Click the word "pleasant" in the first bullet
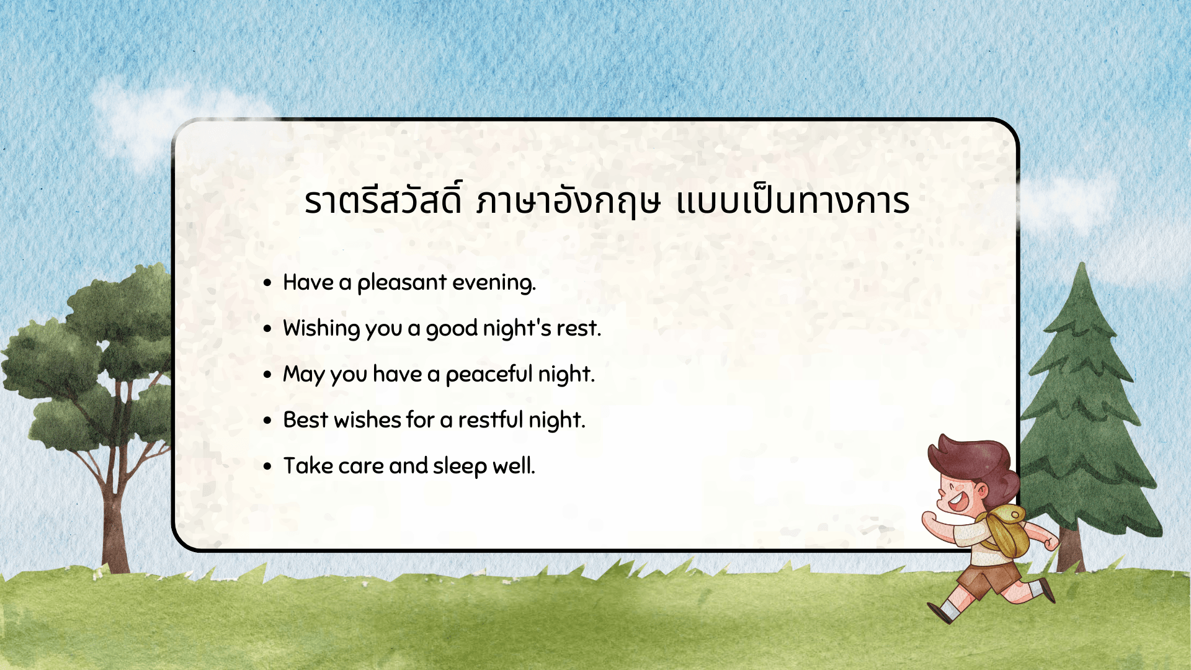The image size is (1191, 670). [x=401, y=283]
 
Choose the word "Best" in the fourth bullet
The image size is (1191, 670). [x=305, y=420]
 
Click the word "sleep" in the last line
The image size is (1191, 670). [x=460, y=467]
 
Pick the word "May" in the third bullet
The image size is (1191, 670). [x=303, y=375]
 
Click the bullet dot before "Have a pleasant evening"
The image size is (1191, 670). [x=267, y=284]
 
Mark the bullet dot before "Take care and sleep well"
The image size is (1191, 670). [x=267, y=467]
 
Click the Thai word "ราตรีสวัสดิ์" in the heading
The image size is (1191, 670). [x=383, y=202]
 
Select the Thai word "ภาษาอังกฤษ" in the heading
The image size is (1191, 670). [x=568, y=202]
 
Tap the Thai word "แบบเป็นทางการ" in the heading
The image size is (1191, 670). [x=793, y=202]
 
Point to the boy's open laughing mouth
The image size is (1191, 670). [x=957, y=500]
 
